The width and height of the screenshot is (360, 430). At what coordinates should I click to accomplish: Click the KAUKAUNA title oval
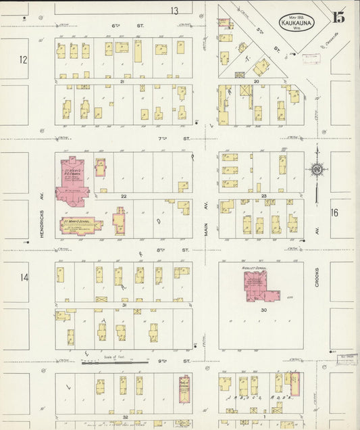298,22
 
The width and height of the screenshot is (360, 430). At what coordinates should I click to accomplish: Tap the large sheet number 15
338,18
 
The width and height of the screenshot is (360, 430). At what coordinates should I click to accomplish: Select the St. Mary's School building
80,225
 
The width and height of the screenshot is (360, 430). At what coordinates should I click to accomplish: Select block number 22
124,196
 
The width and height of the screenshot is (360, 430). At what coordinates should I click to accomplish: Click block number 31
125,305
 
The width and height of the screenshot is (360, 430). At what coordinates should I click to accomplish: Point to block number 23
264,196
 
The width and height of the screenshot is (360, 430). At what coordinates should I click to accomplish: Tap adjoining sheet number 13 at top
174,10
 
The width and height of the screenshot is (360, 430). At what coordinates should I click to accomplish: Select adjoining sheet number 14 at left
24,278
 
